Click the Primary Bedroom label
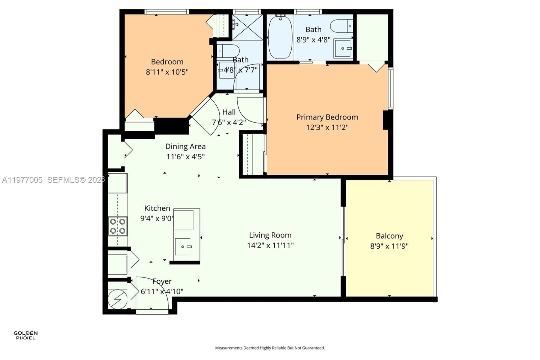(x=327, y=117)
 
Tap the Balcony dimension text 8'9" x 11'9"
(x=389, y=246)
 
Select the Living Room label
(x=270, y=235)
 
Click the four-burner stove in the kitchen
(x=117, y=226)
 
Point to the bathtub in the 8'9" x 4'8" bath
(x=280, y=37)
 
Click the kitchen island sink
(x=183, y=247)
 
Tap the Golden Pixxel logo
(x=26, y=335)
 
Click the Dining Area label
(x=185, y=147)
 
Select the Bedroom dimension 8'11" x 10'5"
(x=167, y=72)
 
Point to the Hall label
(x=229, y=112)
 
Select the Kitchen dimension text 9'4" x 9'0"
(x=157, y=218)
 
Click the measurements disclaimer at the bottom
(x=270, y=348)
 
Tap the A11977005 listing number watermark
(x=22, y=180)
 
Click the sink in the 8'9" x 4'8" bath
(x=343, y=49)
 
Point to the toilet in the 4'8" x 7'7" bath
(x=228, y=51)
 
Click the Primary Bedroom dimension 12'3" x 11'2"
(x=327, y=127)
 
